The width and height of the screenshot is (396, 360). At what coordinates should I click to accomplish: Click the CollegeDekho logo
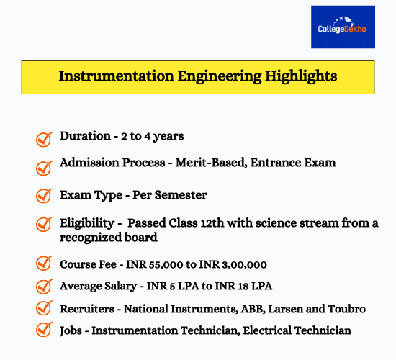click(x=343, y=27)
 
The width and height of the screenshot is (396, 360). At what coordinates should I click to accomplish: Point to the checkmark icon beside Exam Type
click(x=44, y=195)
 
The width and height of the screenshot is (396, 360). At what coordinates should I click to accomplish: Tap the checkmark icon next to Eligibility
click(x=44, y=225)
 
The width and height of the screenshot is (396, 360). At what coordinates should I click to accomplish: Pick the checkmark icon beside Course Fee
click(x=44, y=264)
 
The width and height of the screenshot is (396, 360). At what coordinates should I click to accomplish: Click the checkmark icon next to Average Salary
click(x=44, y=287)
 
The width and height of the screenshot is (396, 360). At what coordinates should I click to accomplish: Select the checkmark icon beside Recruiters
click(x=44, y=309)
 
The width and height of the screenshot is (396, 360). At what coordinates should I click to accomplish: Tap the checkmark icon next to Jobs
click(x=44, y=331)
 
